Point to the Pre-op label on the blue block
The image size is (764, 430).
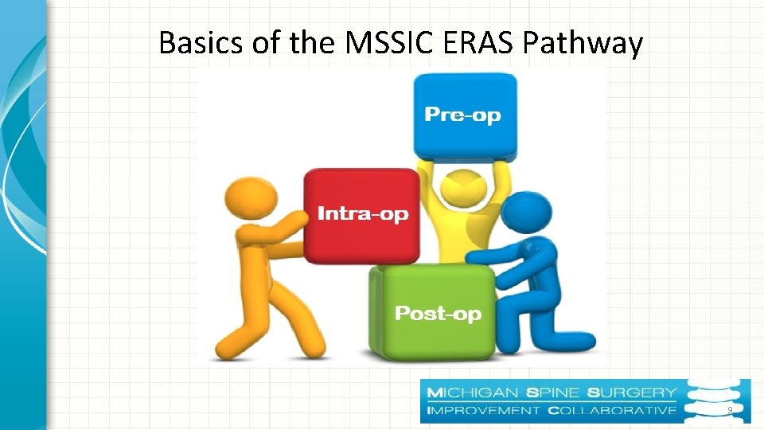463,115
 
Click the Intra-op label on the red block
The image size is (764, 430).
362,213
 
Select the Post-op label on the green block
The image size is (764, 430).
438,314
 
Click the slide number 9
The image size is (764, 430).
729,410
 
